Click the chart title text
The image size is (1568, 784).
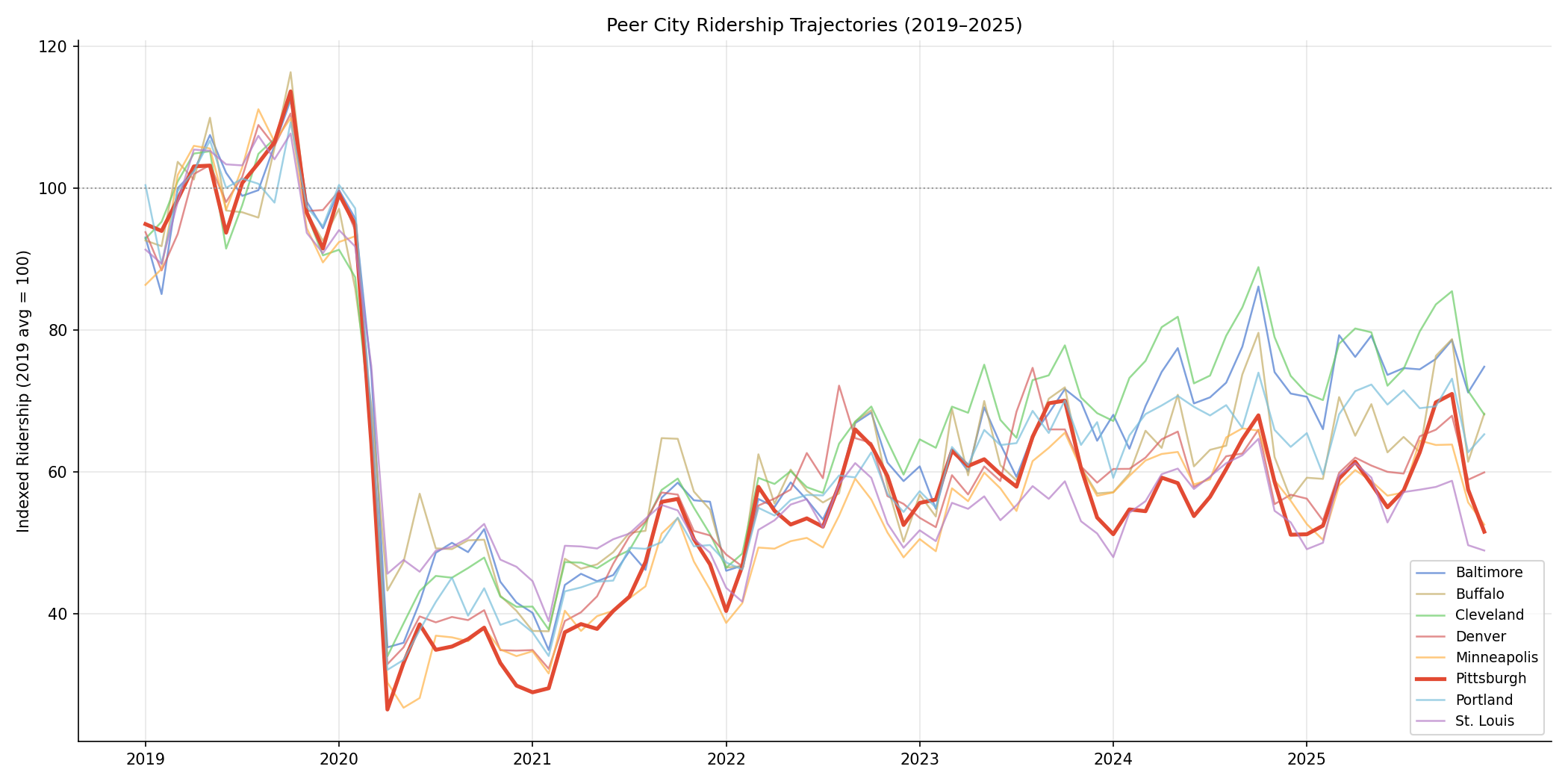[814, 25]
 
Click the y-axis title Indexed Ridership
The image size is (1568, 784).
[24, 391]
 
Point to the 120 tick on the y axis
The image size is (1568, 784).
[57, 46]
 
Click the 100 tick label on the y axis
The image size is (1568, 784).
[57, 188]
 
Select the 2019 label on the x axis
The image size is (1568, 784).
[145, 760]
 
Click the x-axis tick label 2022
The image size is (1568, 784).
[726, 760]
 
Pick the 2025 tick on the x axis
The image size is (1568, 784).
[1307, 760]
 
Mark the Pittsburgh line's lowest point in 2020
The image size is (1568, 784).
[388, 709]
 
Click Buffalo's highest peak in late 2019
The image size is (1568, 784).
[290, 72]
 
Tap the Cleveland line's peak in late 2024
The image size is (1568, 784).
[1258, 267]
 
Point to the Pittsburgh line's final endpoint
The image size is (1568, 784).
[1484, 532]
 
